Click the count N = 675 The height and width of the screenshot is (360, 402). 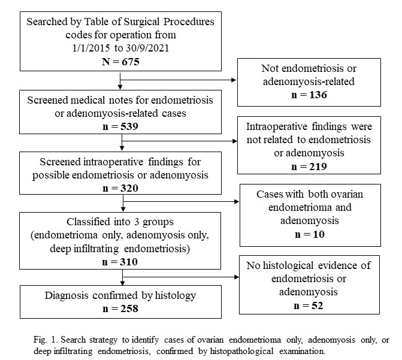pos(120,62)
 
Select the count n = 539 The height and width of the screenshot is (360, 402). pos(120,126)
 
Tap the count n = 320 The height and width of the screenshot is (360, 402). pos(120,188)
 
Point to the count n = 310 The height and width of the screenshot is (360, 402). pos(120,262)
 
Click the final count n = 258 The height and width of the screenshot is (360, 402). pos(120,308)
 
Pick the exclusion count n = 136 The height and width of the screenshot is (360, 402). pos(309,95)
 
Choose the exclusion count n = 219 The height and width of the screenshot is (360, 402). pos(309,167)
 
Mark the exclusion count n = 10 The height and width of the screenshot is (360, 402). pos(310,234)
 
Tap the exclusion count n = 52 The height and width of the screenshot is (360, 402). pos(309,305)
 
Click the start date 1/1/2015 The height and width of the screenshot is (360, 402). pos(91,48)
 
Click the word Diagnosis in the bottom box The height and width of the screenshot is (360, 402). pos(67,296)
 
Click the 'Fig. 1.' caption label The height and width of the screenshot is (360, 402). pos(46,340)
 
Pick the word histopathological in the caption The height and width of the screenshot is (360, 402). pos(242,351)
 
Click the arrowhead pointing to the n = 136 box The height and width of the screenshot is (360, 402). pos(234,80)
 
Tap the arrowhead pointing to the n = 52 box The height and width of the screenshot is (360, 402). pos(237,277)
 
